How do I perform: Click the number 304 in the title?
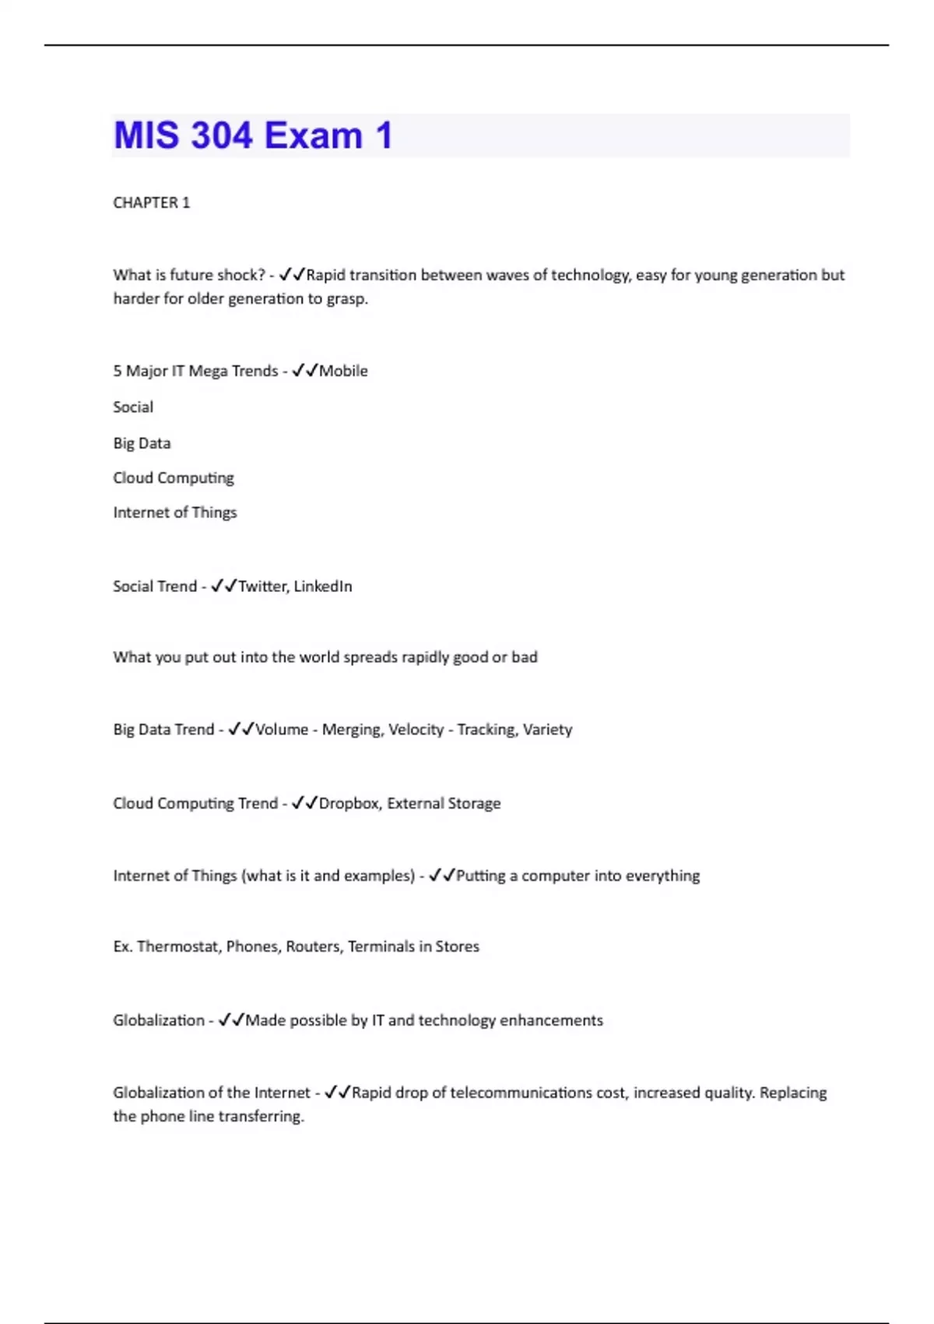coord(221,136)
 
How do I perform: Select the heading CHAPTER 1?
coord(151,202)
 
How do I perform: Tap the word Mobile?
coord(343,371)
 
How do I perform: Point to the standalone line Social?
coord(133,407)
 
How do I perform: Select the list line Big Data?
coord(142,443)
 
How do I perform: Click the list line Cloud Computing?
coord(174,477)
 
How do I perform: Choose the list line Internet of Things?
coord(174,512)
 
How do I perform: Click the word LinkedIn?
coord(323,586)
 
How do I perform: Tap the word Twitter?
coord(262,586)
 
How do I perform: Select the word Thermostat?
coord(179,946)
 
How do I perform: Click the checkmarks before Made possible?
coord(231,1020)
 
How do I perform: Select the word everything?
coord(662,875)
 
